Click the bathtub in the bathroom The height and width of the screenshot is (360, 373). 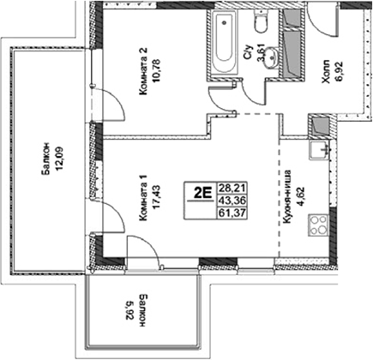click(224, 43)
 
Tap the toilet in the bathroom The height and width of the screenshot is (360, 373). click(263, 23)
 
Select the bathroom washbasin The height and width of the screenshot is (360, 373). click(273, 57)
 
